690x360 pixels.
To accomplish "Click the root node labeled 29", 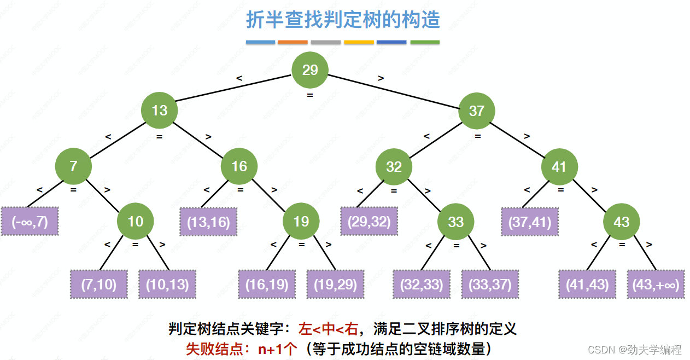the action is click(310, 71).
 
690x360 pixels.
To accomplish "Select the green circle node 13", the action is click(159, 111).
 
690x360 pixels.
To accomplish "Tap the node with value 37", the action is click(476, 111).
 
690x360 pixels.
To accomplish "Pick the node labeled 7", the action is click(73, 166).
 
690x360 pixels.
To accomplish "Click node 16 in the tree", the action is click(239, 166).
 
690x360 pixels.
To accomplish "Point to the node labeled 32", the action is click(394, 167).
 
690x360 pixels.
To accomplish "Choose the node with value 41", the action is click(559, 166).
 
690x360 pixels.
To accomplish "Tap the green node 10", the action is click(135, 221).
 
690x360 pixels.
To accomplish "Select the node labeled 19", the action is click(301, 221).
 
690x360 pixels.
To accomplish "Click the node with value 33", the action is click(455, 222).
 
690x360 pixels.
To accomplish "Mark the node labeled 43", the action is click(621, 222).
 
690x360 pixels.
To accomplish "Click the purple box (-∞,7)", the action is click(29, 222).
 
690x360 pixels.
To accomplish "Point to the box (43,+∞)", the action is click(656, 284).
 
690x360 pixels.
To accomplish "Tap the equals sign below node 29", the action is click(310, 95).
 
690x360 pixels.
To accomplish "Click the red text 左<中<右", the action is click(328, 329).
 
